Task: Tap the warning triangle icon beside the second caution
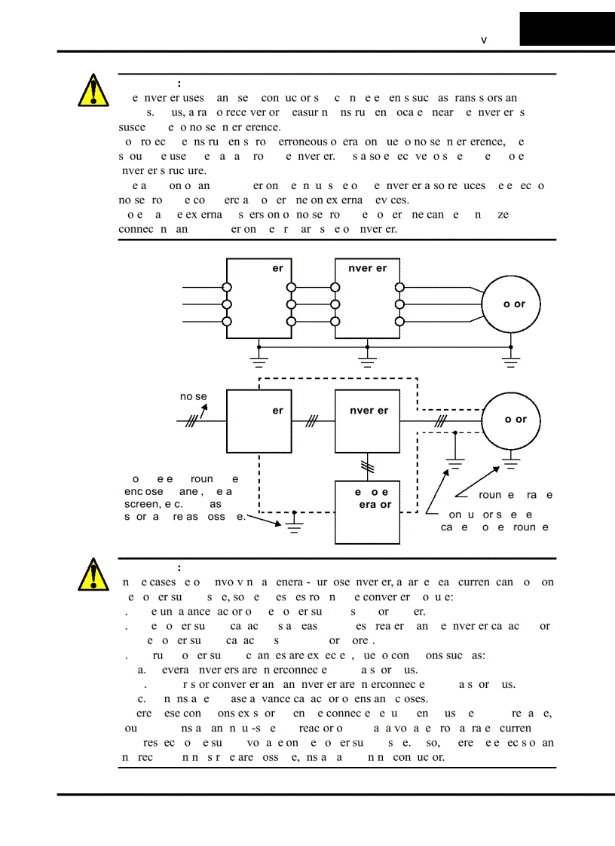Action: click(92, 575)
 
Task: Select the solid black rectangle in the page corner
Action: click(567, 29)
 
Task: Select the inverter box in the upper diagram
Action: click(367, 299)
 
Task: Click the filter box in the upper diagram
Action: click(259, 299)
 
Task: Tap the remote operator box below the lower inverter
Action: click(367, 512)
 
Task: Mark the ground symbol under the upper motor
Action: click(511, 363)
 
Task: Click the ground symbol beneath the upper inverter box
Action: click(367, 363)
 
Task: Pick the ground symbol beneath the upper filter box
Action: click(259, 363)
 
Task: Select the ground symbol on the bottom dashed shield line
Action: click(295, 525)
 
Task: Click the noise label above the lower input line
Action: click(193, 397)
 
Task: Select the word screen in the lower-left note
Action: click(141, 503)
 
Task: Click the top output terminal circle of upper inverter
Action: click(399, 287)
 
